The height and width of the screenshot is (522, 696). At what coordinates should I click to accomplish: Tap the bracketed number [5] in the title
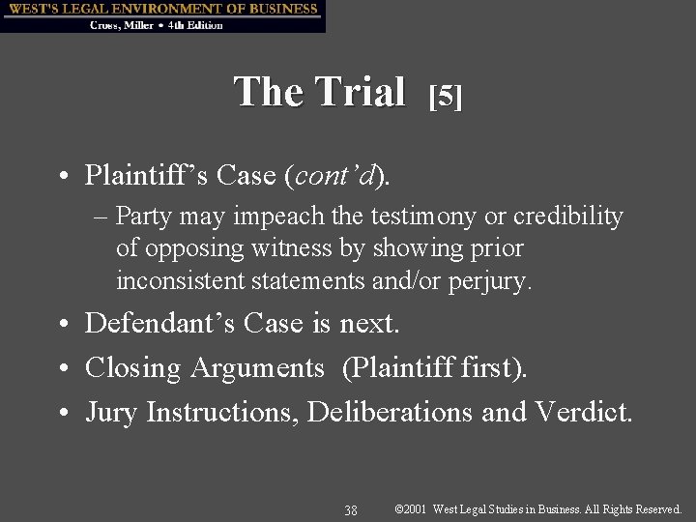point(446,95)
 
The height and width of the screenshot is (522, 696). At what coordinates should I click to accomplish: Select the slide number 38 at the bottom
point(351,509)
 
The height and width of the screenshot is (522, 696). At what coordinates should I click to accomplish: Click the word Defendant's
point(159,323)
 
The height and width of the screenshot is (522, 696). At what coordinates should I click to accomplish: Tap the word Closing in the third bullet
point(133,368)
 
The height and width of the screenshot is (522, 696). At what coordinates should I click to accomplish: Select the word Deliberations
point(391,412)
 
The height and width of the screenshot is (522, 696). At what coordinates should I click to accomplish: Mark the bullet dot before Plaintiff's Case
point(61,176)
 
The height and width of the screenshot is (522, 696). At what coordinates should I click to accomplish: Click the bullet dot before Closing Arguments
point(61,368)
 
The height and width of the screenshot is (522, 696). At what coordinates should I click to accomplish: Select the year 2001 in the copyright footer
point(417,508)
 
